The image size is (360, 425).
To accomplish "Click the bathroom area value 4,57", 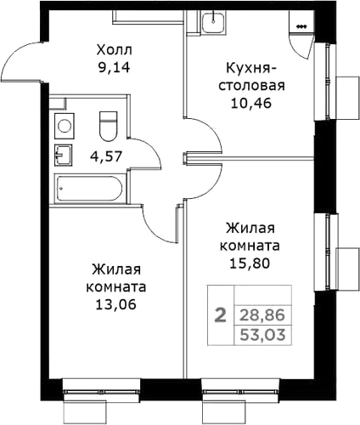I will point(104,156).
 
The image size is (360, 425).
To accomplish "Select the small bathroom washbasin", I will point(61,156).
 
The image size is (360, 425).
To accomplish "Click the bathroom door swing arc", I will point(150,153).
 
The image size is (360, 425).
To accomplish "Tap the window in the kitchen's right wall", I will point(326,88).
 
